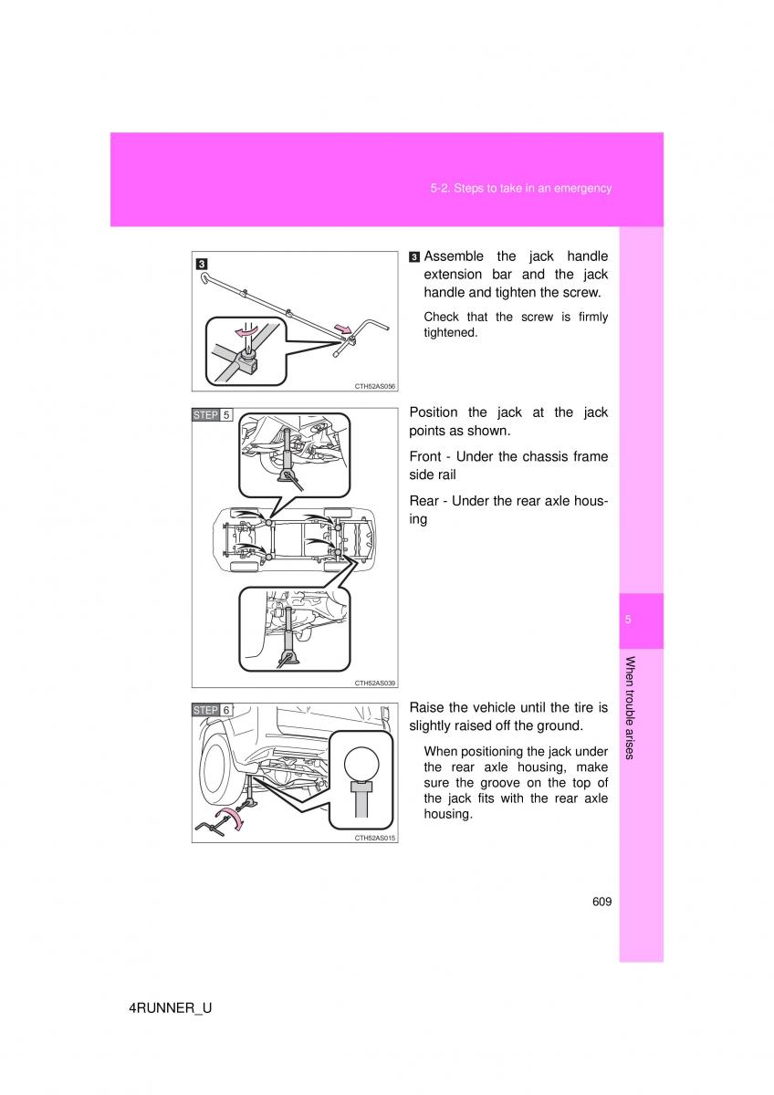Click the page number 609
601,902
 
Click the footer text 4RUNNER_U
170,1008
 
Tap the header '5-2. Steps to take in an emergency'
521,188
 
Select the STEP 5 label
212,415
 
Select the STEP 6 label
212,710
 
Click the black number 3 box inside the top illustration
202,264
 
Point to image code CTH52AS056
374,386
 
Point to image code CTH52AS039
374,683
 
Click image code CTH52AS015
374,838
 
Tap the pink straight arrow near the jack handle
343,328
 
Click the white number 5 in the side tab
628,620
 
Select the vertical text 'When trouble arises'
630,708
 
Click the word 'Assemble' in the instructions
454,256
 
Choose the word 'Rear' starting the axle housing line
424,501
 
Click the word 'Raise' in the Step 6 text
426,708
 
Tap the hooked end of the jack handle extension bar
203,277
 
